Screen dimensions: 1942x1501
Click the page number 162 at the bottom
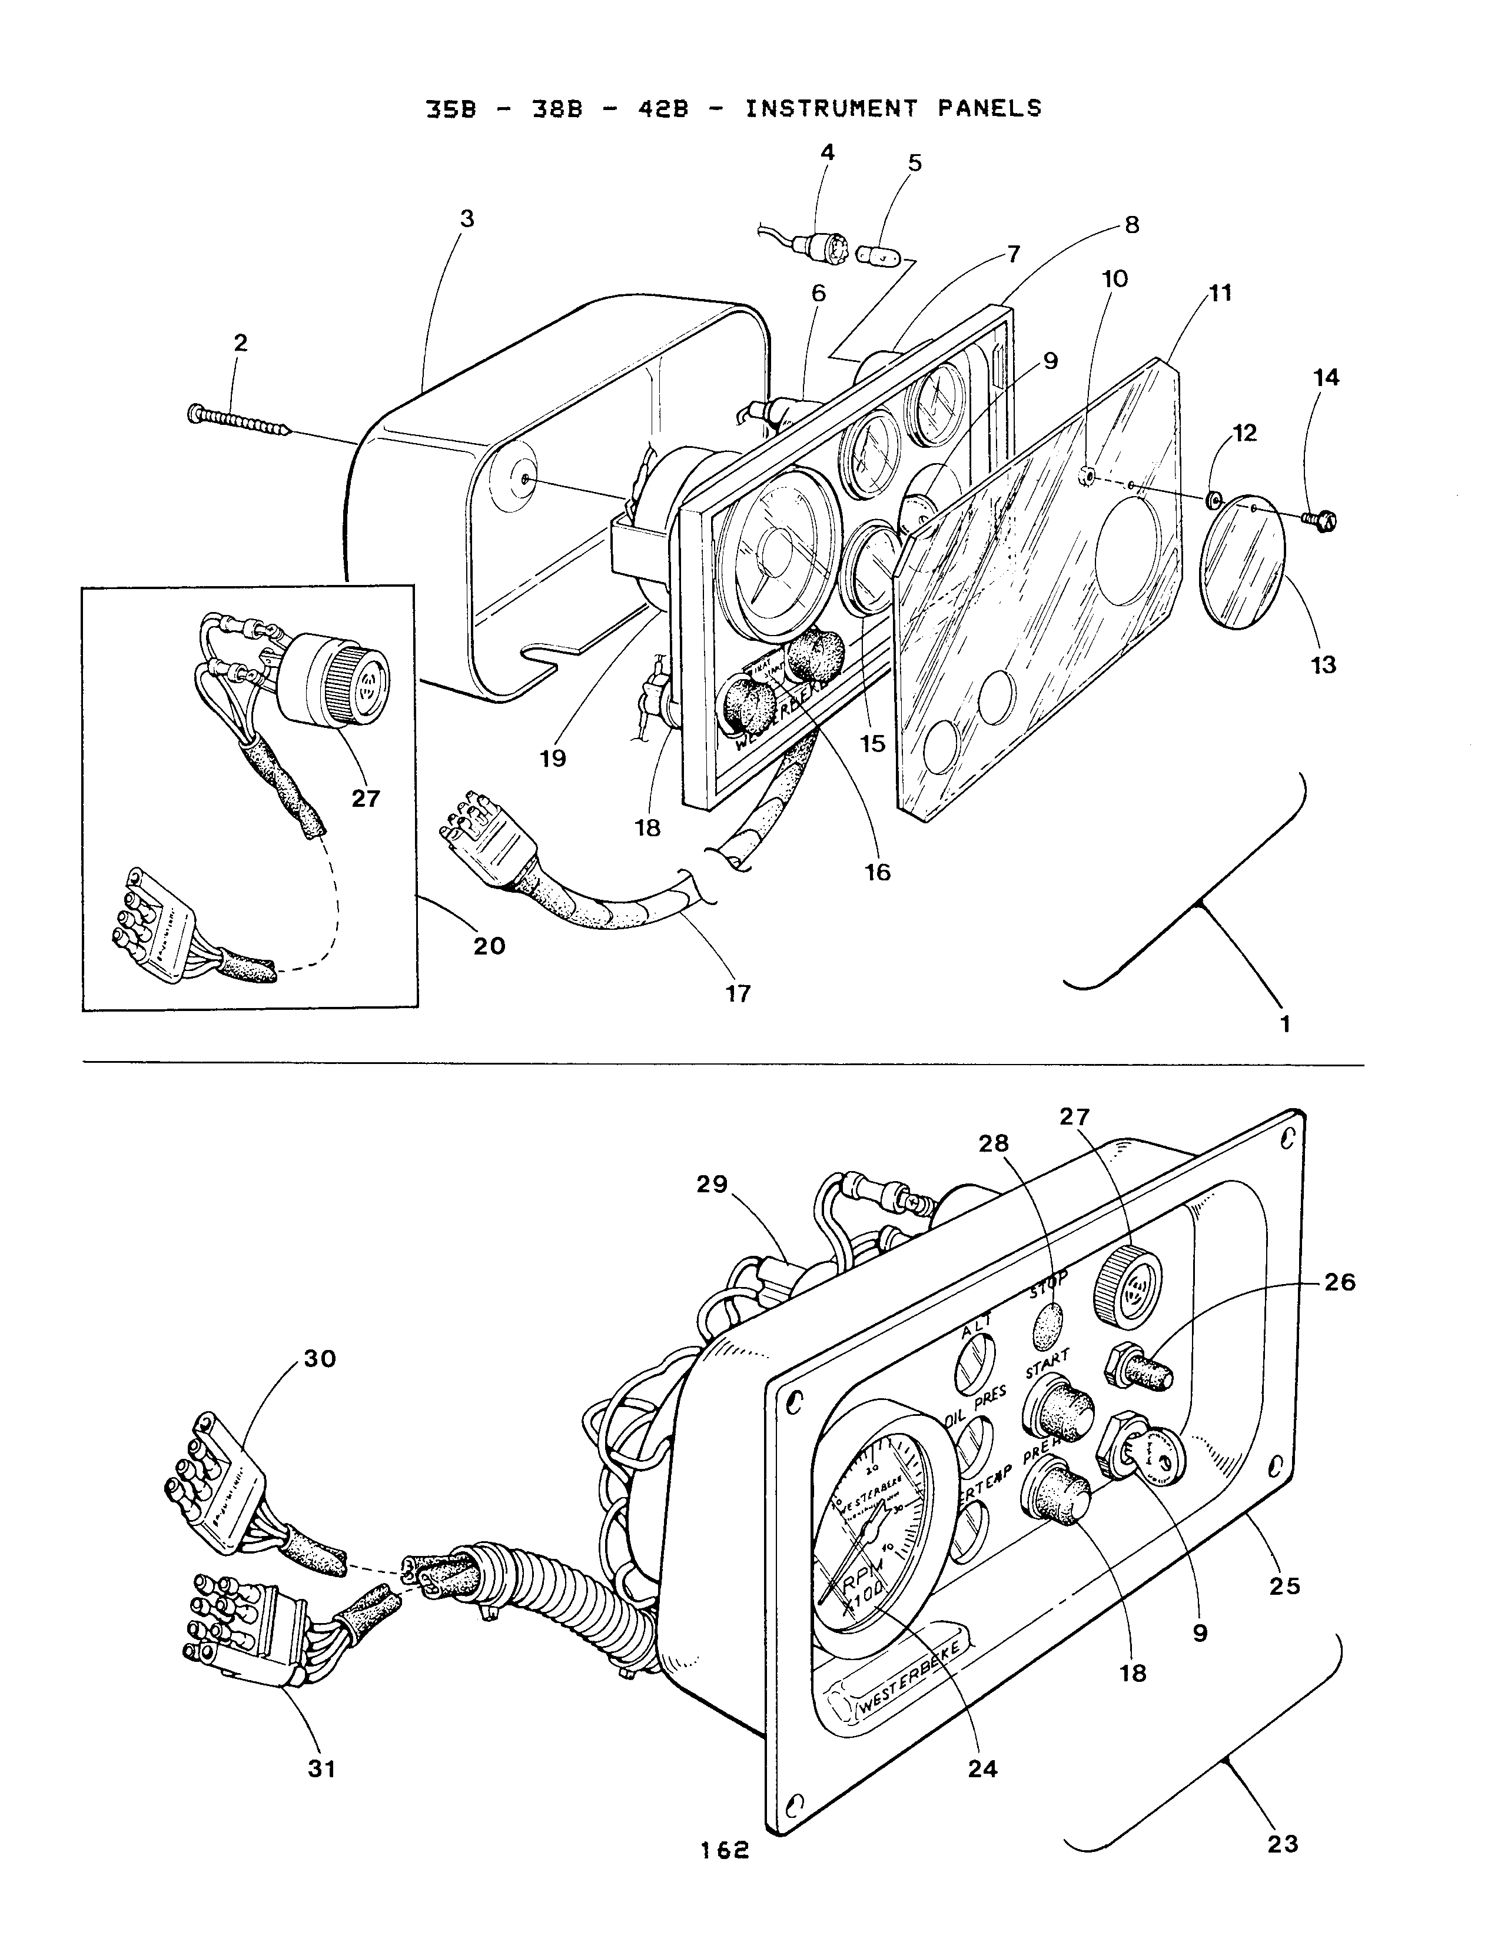click(x=725, y=1850)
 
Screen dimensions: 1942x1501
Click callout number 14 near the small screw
click(x=1326, y=377)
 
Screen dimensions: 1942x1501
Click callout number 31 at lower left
click(x=322, y=1770)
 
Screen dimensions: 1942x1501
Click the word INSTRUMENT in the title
click(x=831, y=108)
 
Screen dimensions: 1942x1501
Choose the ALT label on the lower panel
click(x=977, y=1331)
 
